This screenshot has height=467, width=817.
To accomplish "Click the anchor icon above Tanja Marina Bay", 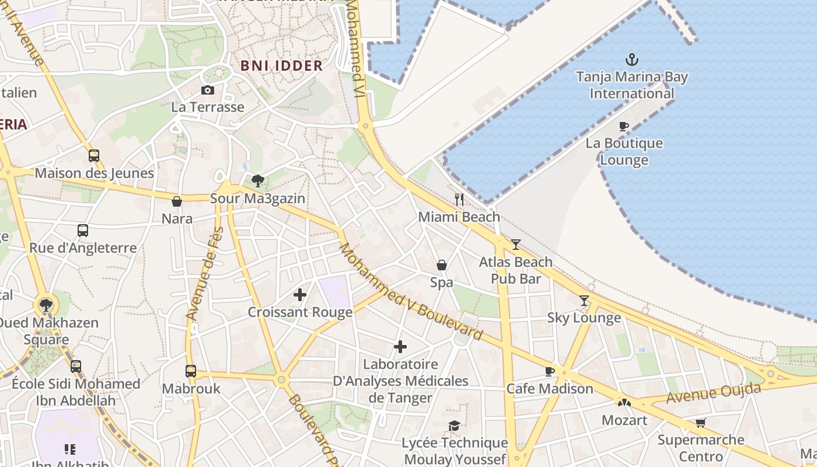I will tap(631, 59).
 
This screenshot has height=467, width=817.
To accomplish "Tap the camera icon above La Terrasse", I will tap(207, 90).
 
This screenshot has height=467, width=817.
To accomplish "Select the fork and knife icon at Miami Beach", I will tap(459, 200).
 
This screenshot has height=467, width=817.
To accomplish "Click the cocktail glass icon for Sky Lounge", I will tap(584, 301).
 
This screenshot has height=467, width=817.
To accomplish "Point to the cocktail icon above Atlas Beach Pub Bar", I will tap(515, 245).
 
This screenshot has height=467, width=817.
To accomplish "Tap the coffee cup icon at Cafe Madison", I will tap(549, 371).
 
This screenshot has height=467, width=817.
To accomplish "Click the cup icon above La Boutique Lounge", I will tap(624, 126).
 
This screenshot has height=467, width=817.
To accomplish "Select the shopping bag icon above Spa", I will tap(442, 266).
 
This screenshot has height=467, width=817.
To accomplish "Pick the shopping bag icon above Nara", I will tap(177, 201).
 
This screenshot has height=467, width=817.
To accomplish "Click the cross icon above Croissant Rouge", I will tap(300, 295).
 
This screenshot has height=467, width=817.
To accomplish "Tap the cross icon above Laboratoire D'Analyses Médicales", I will tap(400, 347).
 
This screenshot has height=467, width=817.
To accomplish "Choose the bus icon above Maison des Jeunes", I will tap(94, 156).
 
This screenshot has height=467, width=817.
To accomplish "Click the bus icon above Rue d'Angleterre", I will tap(83, 231).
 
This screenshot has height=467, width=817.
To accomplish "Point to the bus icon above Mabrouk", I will tap(191, 371).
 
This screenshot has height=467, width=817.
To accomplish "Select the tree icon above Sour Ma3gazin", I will tap(258, 181).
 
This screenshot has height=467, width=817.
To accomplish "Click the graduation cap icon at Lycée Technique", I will tap(454, 426).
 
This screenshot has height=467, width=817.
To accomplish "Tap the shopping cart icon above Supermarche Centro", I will tap(700, 423).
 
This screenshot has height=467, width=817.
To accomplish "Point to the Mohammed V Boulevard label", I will tap(411, 292).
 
